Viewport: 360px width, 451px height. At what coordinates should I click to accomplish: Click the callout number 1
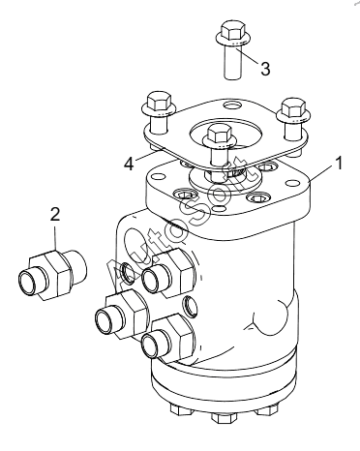(x=338, y=164)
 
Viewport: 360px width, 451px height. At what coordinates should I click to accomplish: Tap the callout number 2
(x=55, y=214)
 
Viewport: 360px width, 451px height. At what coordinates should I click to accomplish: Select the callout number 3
(x=265, y=69)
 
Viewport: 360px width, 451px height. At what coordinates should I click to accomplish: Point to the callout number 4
(x=129, y=165)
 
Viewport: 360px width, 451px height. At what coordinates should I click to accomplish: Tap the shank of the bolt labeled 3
(x=233, y=63)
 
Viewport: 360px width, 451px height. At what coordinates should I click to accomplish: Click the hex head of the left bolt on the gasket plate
(x=159, y=101)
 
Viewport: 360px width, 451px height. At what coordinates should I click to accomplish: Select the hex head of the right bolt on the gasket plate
(x=293, y=105)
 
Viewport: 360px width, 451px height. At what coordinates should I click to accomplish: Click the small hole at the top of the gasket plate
(x=231, y=105)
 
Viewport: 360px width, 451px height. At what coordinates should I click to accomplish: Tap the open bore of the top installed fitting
(x=151, y=280)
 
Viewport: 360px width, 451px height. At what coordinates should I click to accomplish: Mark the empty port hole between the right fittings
(x=190, y=306)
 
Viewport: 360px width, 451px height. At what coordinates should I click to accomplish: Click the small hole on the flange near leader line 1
(x=292, y=183)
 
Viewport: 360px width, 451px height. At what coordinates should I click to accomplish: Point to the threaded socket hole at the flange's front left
(x=184, y=195)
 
